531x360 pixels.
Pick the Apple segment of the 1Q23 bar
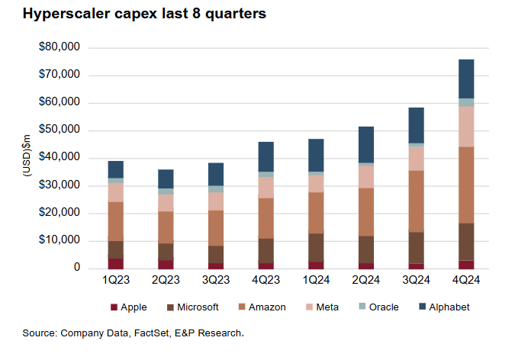(x=115, y=263)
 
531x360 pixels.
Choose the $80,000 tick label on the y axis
(x=60, y=48)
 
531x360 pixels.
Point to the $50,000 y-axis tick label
(x=60, y=130)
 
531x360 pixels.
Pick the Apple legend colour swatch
(x=114, y=307)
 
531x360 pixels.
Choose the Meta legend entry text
(x=329, y=307)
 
